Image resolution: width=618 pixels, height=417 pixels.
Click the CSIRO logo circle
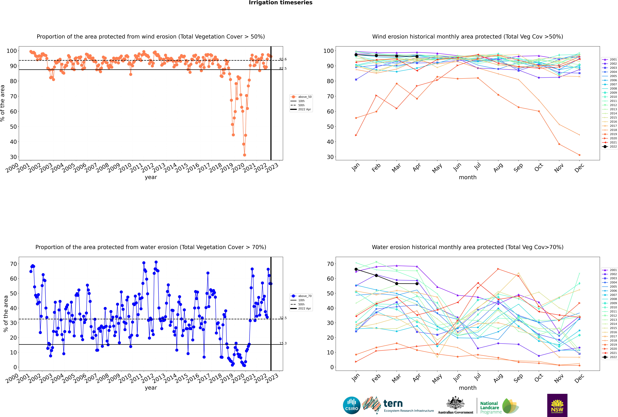click(x=351, y=405)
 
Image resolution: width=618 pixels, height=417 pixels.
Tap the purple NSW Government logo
click(x=557, y=405)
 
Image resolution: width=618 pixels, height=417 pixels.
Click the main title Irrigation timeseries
click(x=281, y=3)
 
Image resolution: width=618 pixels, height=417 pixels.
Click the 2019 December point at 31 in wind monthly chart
click(x=579, y=155)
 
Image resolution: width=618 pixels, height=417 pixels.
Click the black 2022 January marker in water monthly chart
click(x=356, y=269)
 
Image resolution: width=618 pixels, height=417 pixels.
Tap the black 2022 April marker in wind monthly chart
click(x=417, y=56)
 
